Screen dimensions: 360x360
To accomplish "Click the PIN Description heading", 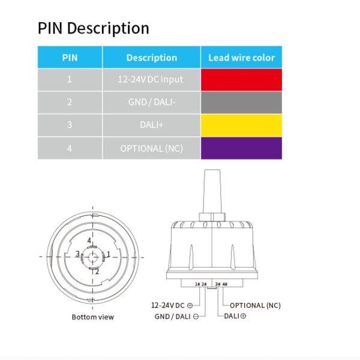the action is click(x=94, y=28).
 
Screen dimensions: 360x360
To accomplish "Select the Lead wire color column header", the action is click(x=242, y=58).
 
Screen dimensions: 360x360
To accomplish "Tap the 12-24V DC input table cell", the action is click(x=152, y=80).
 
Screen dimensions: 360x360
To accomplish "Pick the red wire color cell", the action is click(x=242, y=80).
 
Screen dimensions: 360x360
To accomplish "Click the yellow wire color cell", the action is click(x=242, y=125).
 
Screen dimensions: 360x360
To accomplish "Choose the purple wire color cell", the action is click(x=242, y=148).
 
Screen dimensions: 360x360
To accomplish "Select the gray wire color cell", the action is click(x=242, y=103).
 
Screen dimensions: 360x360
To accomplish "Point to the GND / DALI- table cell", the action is click(x=152, y=103).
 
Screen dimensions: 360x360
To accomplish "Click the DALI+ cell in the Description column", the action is click(x=152, y=125).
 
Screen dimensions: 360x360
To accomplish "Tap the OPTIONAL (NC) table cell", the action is click(x=152, y=148).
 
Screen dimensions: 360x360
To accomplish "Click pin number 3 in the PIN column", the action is click(x=70, y=125).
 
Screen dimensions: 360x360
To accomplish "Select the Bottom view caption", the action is click(x=93, y=317).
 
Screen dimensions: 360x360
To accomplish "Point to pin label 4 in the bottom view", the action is click(x=89, y=241).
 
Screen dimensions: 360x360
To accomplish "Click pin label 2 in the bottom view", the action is click(x=97, y=272).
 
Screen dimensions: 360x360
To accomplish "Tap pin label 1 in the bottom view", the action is click(x=109, y=254).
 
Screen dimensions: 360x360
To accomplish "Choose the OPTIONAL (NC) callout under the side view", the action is click(x=255, y=305).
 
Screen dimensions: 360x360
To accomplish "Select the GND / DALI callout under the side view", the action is click(x=176, y=316).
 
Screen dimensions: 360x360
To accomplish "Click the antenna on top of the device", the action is click(x=212, y=191).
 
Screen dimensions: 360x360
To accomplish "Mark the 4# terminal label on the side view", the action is click(x=225, y=284).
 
